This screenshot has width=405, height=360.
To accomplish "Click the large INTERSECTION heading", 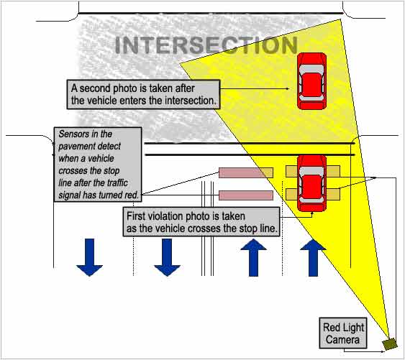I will coord(206,45).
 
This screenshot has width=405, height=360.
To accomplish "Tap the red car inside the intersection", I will coord(312,80).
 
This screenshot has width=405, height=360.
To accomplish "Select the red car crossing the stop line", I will coord(311,180).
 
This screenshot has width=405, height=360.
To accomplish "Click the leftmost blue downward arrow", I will coord(90,257).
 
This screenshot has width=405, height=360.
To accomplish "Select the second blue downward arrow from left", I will coord(167,257).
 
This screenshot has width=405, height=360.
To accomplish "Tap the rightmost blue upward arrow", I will coord(312,257).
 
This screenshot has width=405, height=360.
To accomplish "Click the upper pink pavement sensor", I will coord(245,172).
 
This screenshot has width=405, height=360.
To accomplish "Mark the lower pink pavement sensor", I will coord(245,195).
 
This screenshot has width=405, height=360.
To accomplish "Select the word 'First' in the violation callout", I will coord(138,216).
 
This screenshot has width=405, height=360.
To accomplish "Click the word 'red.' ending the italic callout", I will coord(132,193).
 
